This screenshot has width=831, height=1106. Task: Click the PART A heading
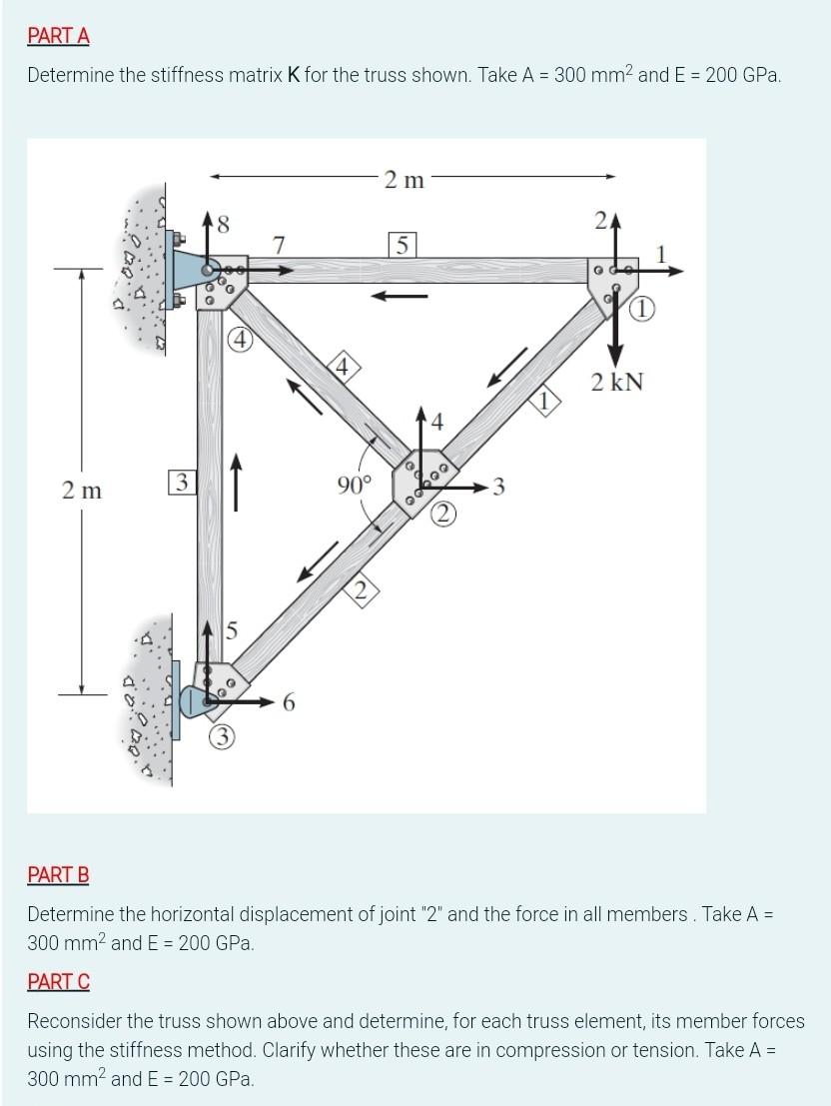pos(58,36)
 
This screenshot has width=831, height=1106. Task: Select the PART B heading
pos(58,875)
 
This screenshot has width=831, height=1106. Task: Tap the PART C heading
pos(58,982)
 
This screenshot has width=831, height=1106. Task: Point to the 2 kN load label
pos(616,382)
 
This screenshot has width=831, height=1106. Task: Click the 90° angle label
pos(354,487)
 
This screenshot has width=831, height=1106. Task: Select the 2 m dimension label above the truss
pos(405,180)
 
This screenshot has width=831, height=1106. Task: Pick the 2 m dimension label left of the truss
pos(82,491)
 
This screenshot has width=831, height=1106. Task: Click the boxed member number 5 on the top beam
pos(402,243)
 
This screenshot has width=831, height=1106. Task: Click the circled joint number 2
pos(444,515)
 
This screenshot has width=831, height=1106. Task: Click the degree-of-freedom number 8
pos(223,226)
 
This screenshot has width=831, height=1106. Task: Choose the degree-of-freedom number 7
pos(280,244)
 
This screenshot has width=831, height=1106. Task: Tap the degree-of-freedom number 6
pos(289,703)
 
